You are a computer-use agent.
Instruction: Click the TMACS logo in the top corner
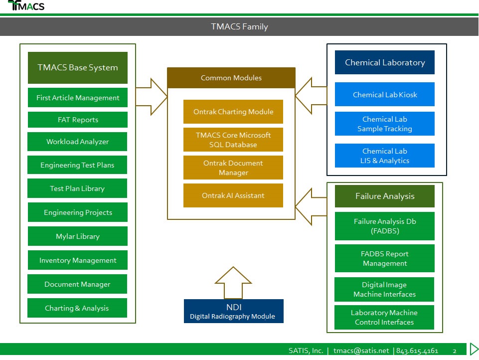click(x=26, y=5)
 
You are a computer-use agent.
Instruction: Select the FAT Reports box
click(x=78, y=120)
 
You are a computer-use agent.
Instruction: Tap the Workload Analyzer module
click(x=77, y=142)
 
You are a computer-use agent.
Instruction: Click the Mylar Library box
click(x=78, y=236)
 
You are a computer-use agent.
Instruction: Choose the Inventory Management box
click(x=78, y=260)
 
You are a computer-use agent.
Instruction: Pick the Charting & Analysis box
click(x=77, y=308)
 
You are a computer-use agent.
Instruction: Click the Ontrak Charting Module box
click(x=233, y=112)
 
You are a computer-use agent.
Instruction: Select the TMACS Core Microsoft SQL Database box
click(x=233, y=140)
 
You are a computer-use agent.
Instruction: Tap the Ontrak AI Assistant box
click(x=233, y=195)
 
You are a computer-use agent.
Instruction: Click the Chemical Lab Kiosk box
click(x=385, y=94)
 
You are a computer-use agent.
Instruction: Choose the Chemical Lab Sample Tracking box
click(x=385, y=124)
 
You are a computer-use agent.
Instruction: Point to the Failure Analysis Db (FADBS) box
click(x=385, y=226)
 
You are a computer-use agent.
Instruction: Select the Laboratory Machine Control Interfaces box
click(x=384, y=317)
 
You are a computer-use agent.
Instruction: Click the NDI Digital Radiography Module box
click(x=234, y=311)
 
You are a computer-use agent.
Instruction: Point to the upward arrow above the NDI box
click(x=233, y=283)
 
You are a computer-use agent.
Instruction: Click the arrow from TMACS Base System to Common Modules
click(x=152, y=97)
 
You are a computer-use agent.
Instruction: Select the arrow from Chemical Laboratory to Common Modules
click(x=311, y=96)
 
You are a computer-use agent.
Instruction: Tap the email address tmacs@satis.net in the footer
click(x=361, y=351)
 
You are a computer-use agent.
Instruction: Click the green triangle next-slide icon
click(x=474, y=349)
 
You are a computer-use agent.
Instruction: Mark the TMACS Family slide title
click(x=239, y=26)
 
